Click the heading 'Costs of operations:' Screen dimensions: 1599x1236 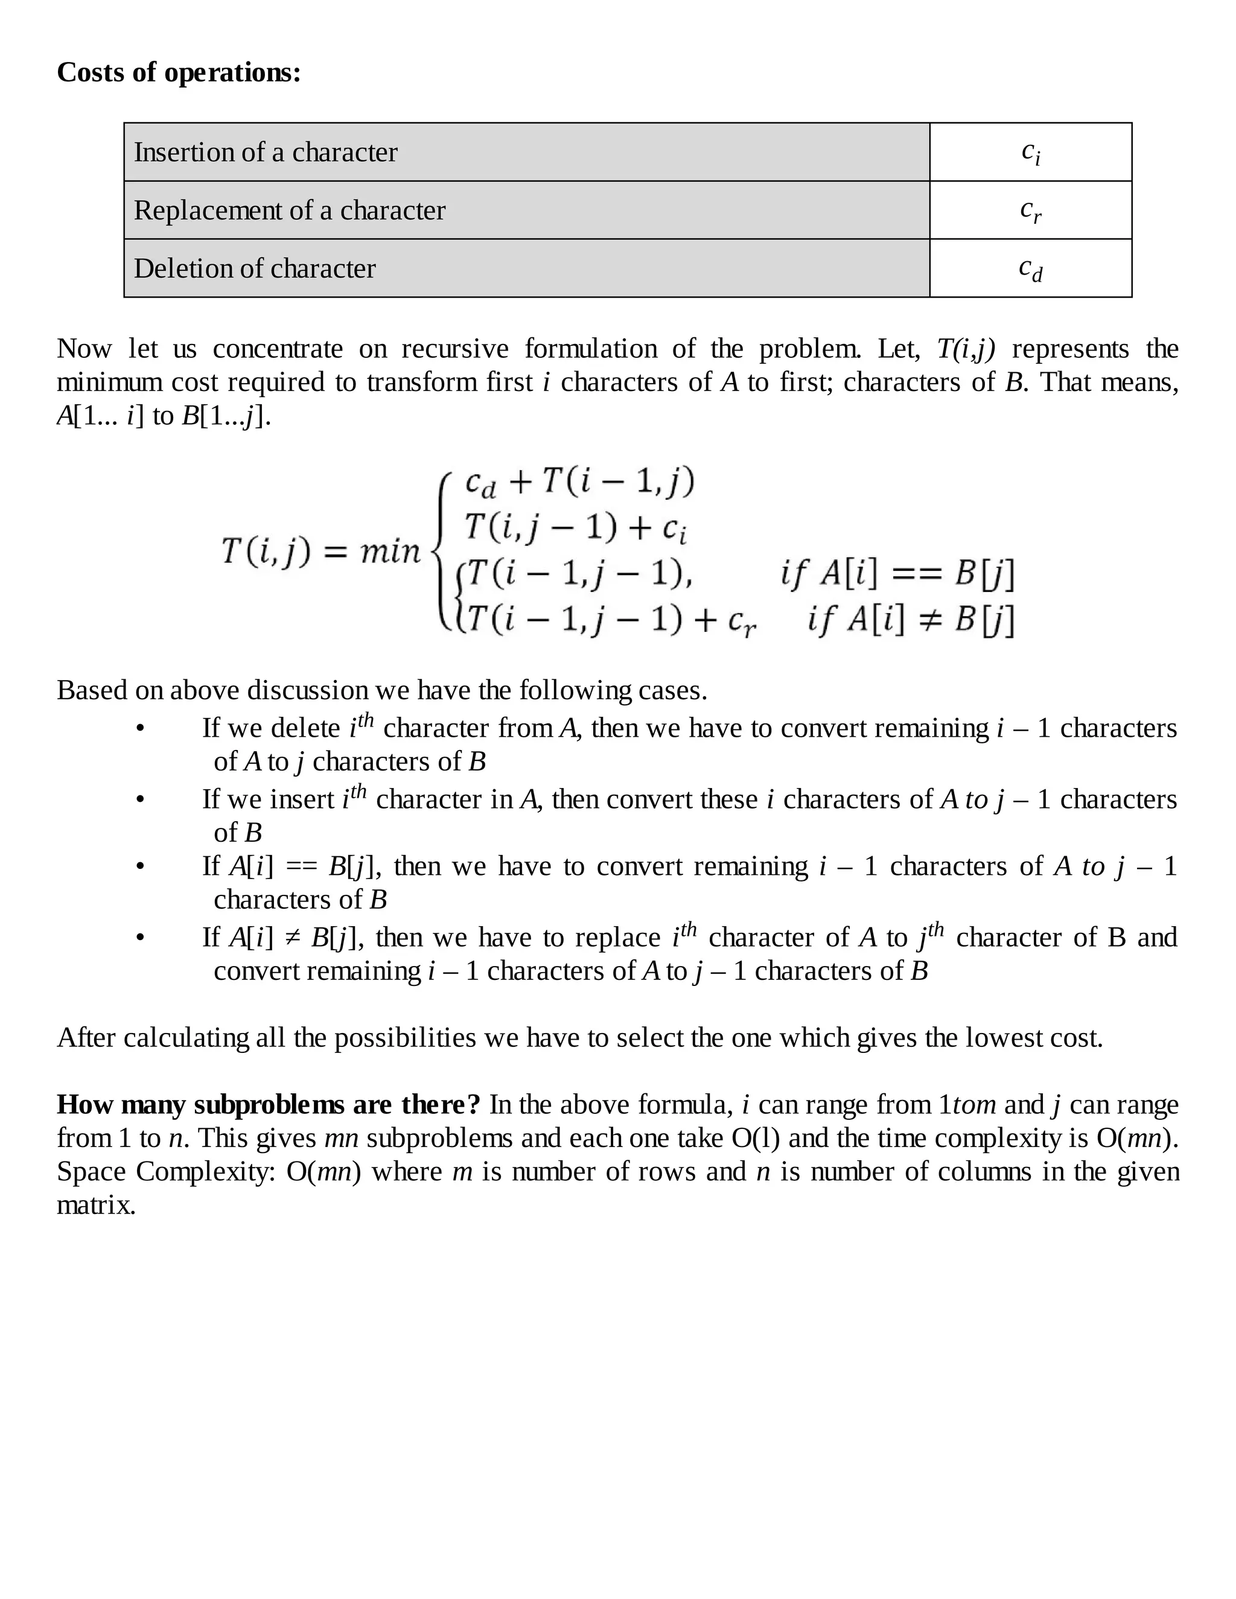(x=179, y=72)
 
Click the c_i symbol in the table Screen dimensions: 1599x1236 (x=1030, y=152)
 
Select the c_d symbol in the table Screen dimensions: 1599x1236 (x=1030, y=270)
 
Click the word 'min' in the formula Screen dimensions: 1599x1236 (x=390, y=550)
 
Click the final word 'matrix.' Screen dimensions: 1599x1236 (x=96, y=1205)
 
